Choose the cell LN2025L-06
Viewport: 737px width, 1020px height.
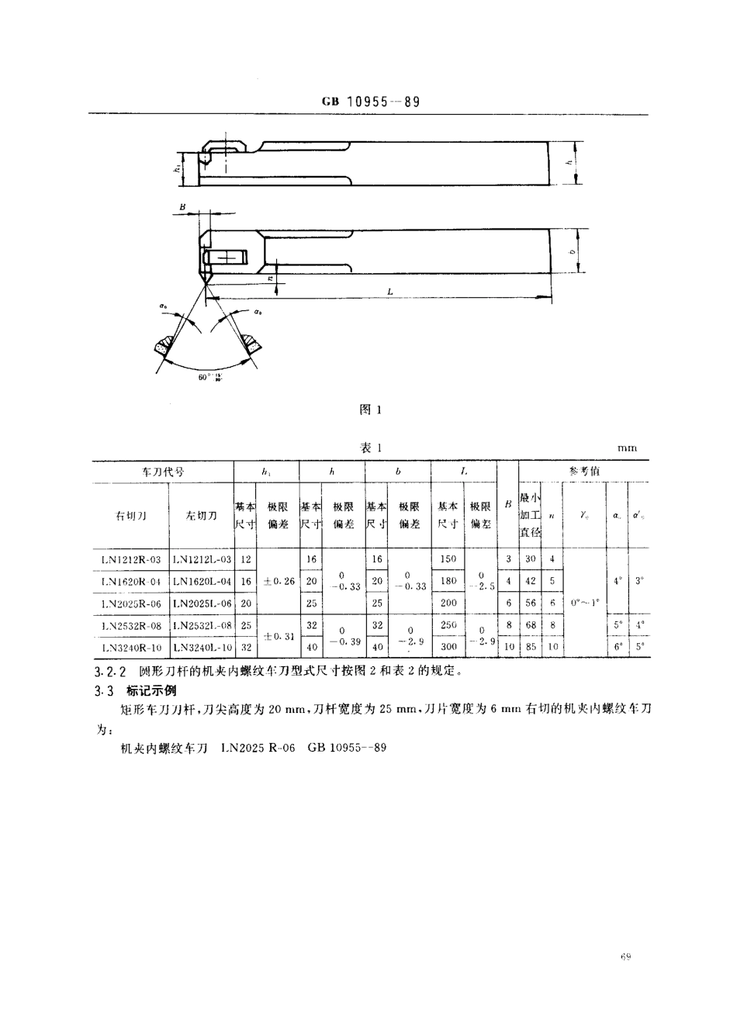(202, 602)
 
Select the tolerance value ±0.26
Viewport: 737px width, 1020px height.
(279, 580)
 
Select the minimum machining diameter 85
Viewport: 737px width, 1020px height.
(531, 646)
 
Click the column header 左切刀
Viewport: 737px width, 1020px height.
(201, 516)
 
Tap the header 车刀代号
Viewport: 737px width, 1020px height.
(163, 471)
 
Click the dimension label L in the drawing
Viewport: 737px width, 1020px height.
(389, 292)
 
